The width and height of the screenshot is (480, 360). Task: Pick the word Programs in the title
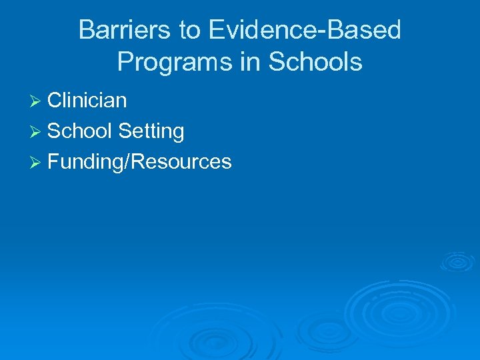[172, 62]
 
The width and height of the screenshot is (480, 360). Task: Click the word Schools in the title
[315, 62]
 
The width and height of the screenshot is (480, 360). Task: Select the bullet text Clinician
[87, 101]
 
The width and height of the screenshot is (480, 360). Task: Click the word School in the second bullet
[79, 131]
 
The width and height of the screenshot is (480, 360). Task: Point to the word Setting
[151, 132]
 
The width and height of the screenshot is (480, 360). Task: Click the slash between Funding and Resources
[126, 162]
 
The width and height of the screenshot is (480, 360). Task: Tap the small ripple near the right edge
[457, 261]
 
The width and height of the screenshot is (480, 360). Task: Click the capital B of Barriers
[86, 31]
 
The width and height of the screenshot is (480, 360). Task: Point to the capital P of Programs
[125, 62]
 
